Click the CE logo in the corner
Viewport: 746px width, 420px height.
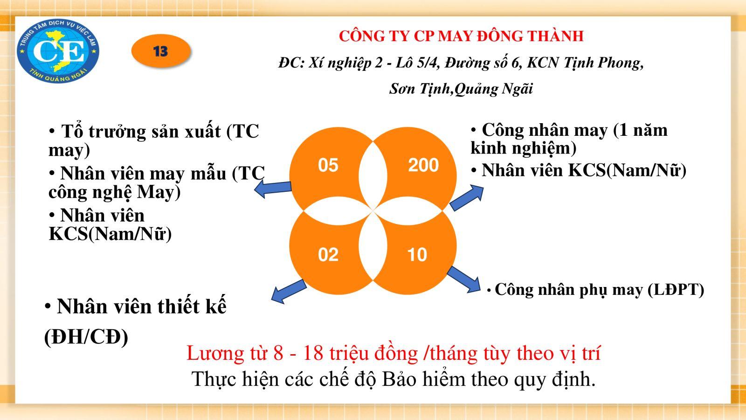coord(58,51)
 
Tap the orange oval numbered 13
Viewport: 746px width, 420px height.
coord(161,51)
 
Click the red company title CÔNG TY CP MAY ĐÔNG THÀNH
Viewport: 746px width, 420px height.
coord(461,36)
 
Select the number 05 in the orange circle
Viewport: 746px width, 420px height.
coord(328,165)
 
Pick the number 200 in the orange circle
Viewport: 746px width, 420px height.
coord(424,165)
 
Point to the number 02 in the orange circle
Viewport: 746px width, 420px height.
coord(328,255)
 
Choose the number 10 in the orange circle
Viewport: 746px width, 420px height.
coord(417,255)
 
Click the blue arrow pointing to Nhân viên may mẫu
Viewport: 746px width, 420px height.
coord(273,189)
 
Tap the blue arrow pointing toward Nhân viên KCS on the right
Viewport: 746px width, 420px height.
coord(467,197)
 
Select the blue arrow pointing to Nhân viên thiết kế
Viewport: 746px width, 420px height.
coord(289,291)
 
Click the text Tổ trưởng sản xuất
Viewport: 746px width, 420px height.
coord(141,131)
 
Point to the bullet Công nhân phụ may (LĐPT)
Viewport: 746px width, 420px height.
coord(595,289)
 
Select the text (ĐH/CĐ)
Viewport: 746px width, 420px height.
coord(86,337)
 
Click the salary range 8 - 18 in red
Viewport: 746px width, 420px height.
coord(298,353)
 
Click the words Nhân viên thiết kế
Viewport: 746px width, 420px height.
coord(142,306)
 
